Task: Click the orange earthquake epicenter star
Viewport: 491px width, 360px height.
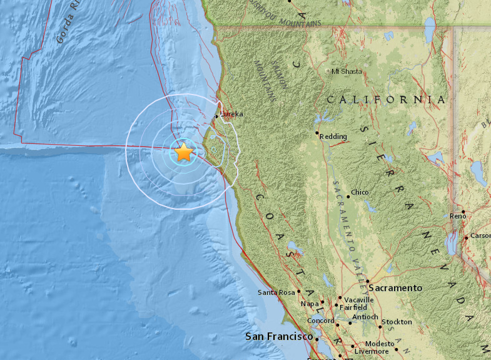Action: tap(183, 152)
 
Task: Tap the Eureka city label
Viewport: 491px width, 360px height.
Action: tap(231, 114)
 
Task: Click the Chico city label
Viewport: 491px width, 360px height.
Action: tap(360, 193)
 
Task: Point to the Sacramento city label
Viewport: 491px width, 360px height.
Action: tap(395, 287)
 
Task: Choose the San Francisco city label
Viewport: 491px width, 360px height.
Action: tap(279, 336)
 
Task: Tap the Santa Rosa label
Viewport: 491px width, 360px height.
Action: tap(276, 292)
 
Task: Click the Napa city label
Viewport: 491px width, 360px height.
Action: tap(310, 304)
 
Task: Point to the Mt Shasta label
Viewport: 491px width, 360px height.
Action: tap(347, 71)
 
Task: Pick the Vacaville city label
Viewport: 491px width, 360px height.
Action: tap(359, 300)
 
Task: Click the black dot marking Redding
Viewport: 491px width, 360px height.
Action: tap(317, 133)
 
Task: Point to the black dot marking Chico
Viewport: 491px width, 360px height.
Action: tap(348, 197)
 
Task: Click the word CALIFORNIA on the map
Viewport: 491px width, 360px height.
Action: tap(386, 100)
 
